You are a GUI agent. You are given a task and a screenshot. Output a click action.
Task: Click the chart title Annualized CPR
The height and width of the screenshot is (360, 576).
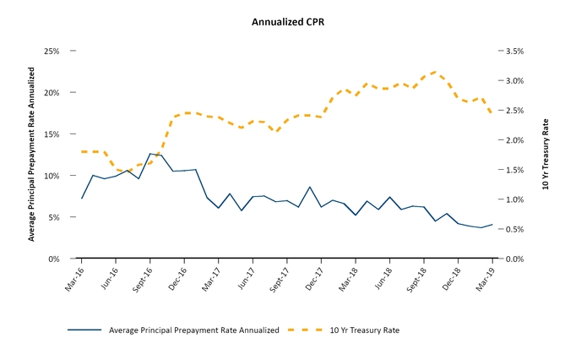288,21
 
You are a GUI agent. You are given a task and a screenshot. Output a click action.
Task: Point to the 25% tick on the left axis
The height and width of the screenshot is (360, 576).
52,51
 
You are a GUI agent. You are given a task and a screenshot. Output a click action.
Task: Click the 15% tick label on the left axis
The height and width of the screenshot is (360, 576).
52,134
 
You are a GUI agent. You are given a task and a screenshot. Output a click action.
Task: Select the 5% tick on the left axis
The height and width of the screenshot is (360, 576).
54,217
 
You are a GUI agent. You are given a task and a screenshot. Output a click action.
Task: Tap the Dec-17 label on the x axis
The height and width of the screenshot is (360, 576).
313,278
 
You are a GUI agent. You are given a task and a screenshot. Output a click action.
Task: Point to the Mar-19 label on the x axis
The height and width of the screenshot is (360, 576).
485,278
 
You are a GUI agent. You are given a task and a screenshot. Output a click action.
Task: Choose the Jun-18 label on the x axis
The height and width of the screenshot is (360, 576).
382,278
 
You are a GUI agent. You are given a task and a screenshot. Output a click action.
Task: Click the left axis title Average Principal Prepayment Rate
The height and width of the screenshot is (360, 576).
32,161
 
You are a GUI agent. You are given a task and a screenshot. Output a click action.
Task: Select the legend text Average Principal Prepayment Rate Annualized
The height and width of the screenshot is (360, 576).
193,330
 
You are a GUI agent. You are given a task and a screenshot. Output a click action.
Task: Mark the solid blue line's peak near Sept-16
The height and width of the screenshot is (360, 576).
150,154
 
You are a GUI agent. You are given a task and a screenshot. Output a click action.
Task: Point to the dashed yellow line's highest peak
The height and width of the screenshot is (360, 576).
435,72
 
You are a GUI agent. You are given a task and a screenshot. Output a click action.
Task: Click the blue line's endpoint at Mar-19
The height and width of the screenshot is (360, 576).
492,225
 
